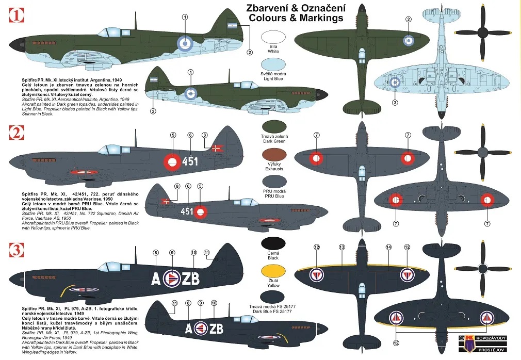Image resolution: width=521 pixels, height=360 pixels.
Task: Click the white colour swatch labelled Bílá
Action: pos(274,37)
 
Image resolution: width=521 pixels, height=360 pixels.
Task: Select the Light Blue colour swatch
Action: pos(274,64)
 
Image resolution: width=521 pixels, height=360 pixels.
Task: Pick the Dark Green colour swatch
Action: pos(274,127)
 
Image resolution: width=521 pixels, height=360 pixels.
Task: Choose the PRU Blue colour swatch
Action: pos(274,183)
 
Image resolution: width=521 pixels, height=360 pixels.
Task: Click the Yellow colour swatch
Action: pos(274,272)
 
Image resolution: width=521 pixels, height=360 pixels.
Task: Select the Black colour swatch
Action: pos(274,244)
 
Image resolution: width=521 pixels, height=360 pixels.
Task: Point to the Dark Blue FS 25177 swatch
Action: pos(274,298)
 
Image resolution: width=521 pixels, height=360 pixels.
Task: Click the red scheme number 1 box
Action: pos(17,16)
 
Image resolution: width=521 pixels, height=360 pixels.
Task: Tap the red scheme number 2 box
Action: pos(17,134)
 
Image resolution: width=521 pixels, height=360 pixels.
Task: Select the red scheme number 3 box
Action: pos(17,251)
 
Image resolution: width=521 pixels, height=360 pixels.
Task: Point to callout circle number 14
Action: pos(388,247)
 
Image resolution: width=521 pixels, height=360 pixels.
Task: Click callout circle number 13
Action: pos(341,247)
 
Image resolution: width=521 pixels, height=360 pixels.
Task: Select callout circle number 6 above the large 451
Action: pos(190,135)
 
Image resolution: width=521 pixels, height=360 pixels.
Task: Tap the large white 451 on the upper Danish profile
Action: pos(190,161)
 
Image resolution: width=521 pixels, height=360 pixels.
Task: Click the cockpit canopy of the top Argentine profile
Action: pos(111,32)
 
